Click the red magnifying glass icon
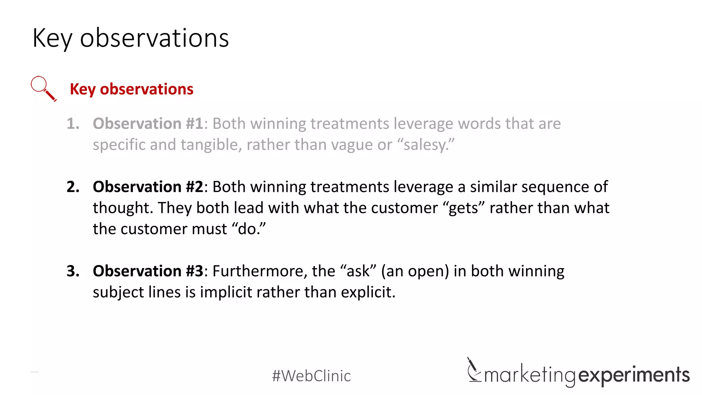click(x=43, y=88)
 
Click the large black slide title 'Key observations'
click(x=131, y=38)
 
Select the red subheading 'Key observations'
click(x=132, y=89)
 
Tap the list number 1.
click(x=73, y=123)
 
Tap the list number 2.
click(x=73, y=187)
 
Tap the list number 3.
click(x=73, y=271)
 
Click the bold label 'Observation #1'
click(x=148, y=123)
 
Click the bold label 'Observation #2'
click(x=148, y=187)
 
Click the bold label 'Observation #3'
click(x=148, y=271)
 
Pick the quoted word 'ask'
click(x=358, y=271)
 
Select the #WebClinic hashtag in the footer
click(x=311, y=376)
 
